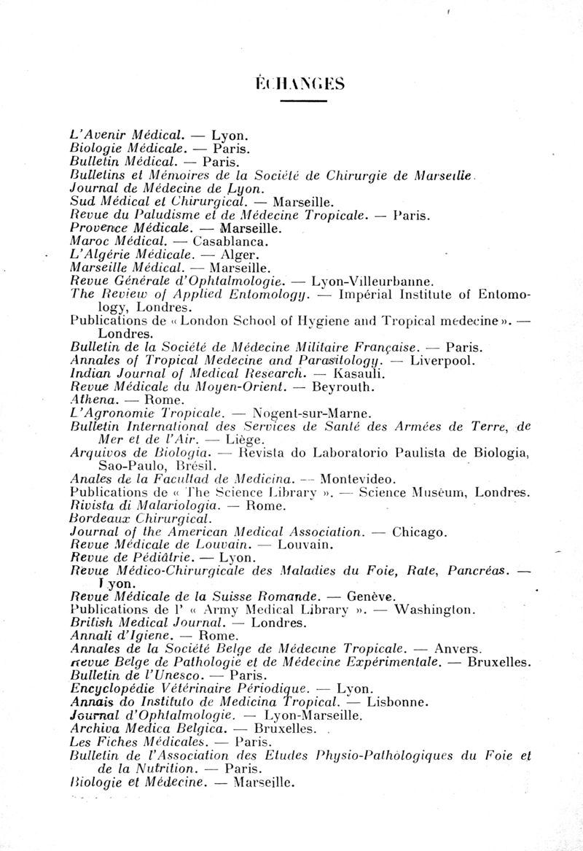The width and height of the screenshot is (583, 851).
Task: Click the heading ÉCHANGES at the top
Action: [x=299, y=83]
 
